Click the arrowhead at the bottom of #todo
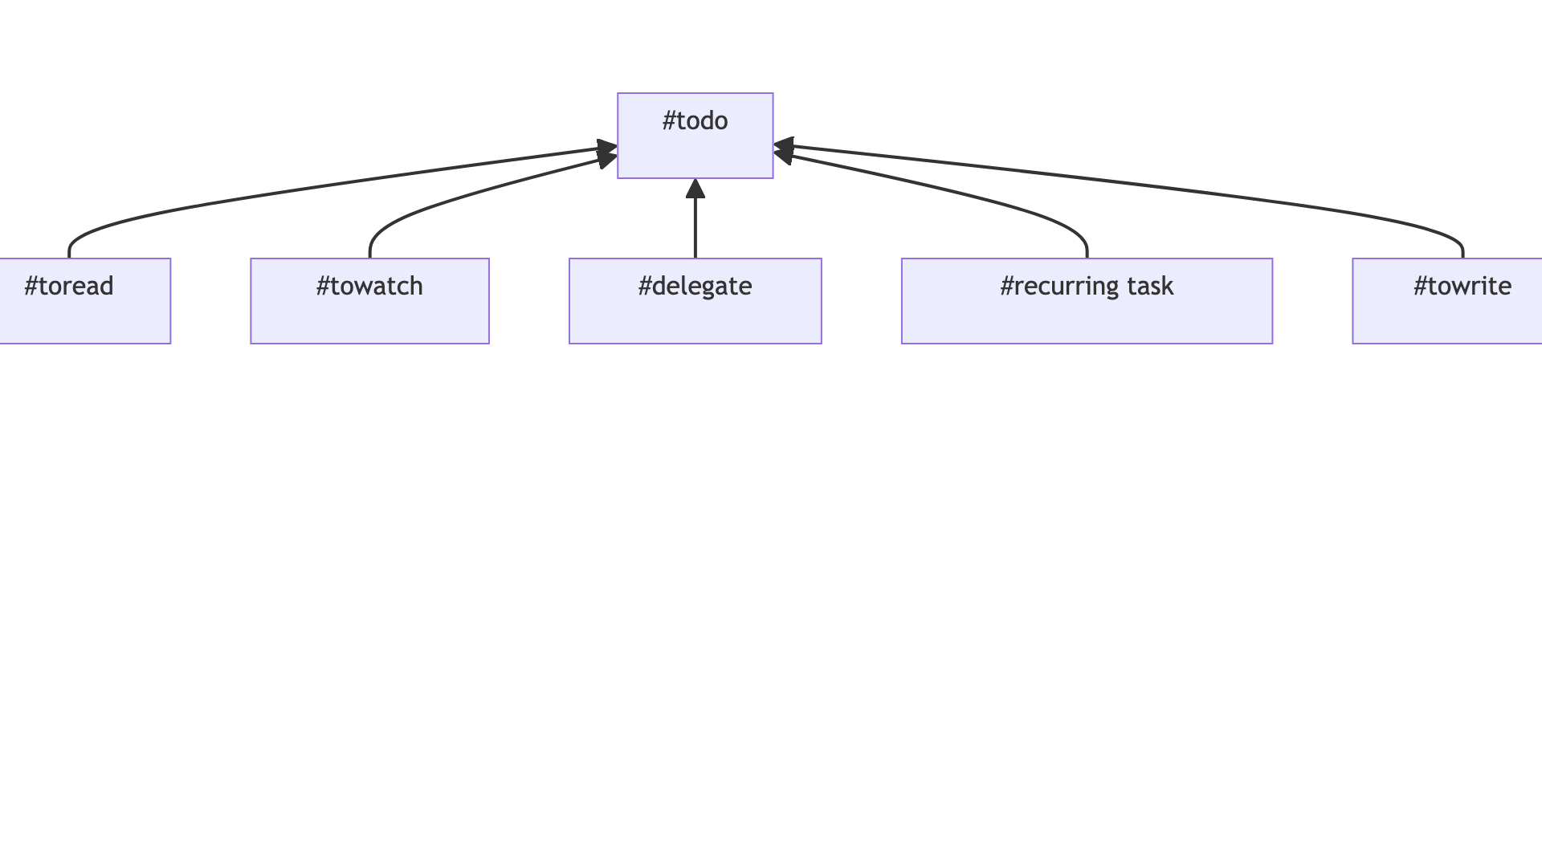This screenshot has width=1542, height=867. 696,189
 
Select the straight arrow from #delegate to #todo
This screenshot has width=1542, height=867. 696,229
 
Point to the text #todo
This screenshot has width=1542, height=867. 695,121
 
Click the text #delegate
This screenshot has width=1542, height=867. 695,287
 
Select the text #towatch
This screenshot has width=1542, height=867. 369,287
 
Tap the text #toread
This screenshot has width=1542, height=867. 69,287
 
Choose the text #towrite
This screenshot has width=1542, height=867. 1462,287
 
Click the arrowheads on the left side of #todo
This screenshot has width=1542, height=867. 607,153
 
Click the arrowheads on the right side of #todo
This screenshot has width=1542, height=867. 784,150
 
